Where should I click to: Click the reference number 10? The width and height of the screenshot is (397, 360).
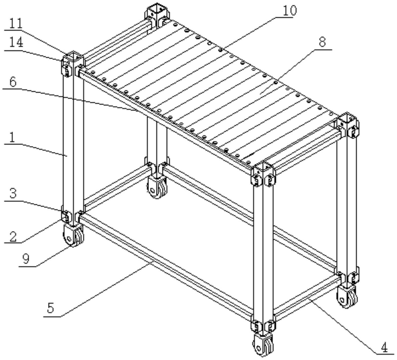(x=290, y=10)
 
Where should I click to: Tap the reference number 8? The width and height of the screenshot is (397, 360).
(x=322, y=42)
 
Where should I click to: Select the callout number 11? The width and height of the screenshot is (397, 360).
(x=16, y=24)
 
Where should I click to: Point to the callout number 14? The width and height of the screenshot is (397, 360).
(x=16, y=43)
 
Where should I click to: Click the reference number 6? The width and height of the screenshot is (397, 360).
(x=13, y=82)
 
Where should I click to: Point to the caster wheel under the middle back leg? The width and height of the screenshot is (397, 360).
(x=157, y=187)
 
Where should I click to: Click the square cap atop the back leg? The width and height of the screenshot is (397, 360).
(x=157, y=11)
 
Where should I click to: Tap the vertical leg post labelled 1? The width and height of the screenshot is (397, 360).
(x=73, y=139)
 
